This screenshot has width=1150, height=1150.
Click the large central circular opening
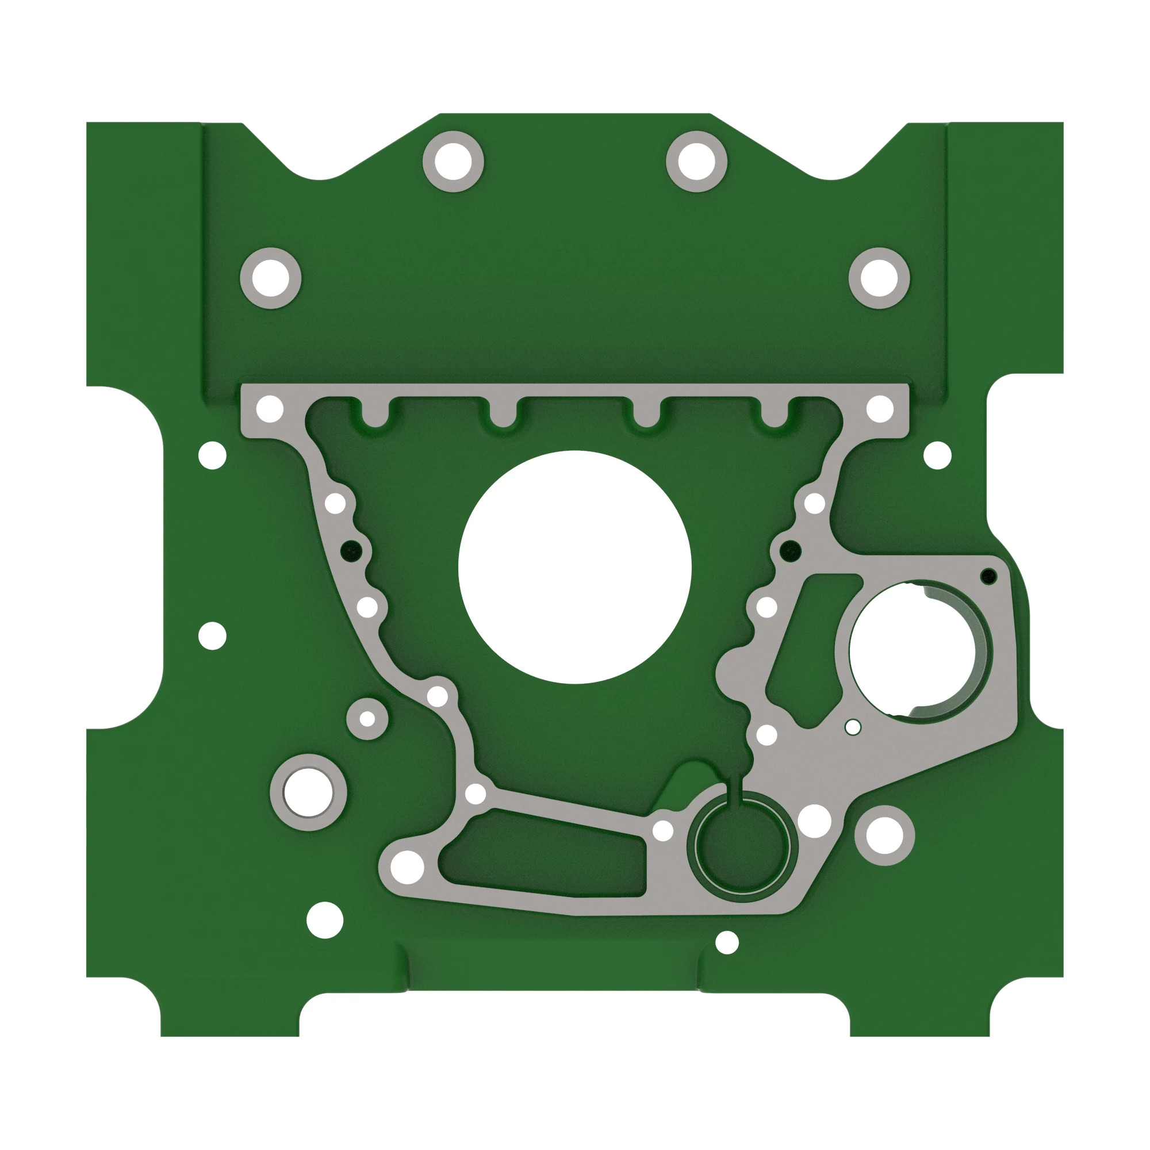[574, 568]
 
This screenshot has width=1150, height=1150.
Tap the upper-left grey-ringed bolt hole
[270, 278]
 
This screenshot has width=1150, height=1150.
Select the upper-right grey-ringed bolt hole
[879, 278]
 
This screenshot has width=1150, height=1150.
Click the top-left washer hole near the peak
[453, 162]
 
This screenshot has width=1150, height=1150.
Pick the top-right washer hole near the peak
[696, 162]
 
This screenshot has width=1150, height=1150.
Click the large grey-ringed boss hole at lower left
[308, 792]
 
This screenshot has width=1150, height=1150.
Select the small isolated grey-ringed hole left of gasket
[367, 719]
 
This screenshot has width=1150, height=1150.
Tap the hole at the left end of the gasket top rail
[270, 409]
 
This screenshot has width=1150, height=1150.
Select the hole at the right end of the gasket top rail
[880, 409]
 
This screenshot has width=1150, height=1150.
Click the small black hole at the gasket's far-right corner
[988, 576]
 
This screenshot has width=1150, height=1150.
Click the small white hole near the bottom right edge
[726, 942]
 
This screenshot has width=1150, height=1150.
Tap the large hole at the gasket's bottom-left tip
[407, 866]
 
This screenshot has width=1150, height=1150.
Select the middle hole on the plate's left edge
[213, 636]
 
